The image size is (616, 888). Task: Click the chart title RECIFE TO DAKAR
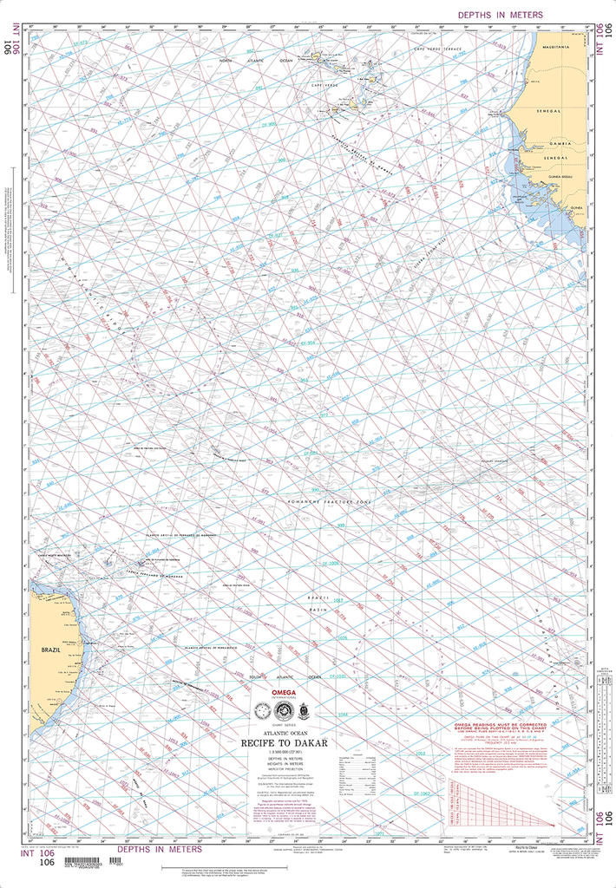click(x=284, y=741)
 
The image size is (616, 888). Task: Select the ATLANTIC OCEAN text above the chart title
click(x=283, y=730)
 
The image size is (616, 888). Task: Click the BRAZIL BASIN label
click(x=323, y=605)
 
